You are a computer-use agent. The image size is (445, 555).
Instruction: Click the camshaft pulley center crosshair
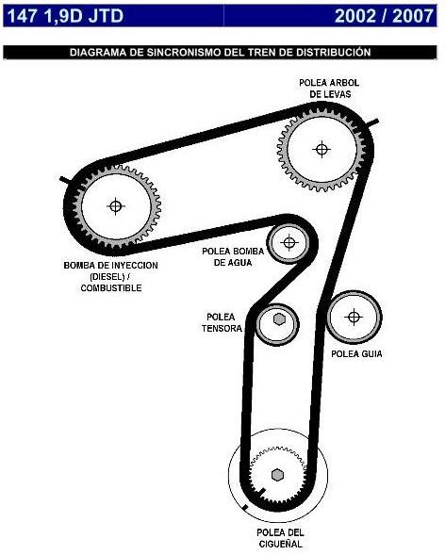(x=321, y=148)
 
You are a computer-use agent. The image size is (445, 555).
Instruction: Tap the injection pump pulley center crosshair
(x=116, y=205)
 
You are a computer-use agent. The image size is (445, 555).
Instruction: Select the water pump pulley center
(x=288, y=242)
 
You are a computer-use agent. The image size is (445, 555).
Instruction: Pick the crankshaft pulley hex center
(x=277, y=474)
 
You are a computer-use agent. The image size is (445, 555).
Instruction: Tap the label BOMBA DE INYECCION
(x=111, y=266)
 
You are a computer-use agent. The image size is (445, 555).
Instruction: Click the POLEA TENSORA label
(x=222, y=322)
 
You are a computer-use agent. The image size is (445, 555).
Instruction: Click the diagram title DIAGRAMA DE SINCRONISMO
(x=221, y=54)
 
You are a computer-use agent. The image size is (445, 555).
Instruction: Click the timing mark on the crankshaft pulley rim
(x=244, y=508)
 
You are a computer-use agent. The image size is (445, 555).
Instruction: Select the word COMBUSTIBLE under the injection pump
(x=111, y=287)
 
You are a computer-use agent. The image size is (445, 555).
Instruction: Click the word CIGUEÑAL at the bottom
(x=281, y=545)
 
